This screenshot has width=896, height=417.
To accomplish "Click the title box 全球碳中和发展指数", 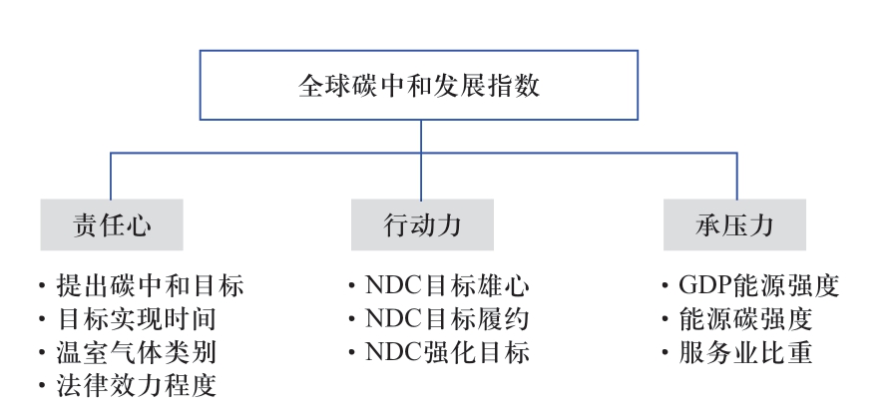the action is click(x=419, y=85).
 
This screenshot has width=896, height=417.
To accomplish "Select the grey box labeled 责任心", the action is click(x=112, y=224).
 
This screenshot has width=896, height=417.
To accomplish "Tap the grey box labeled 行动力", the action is click(x=422, y=224).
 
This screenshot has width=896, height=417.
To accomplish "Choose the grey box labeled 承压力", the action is click(x=734, y=224).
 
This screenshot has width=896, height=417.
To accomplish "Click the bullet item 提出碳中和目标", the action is click(x=150, y=285).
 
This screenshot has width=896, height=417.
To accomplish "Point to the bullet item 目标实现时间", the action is click(x=137, y=319).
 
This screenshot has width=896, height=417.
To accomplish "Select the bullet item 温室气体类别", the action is click(x=137, y=352).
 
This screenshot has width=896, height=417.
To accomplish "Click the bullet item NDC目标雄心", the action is click(x=447, y=285).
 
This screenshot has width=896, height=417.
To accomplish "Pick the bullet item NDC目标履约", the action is click(x=447, y=319).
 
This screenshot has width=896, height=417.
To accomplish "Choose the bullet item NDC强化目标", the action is click(x=447, y=352).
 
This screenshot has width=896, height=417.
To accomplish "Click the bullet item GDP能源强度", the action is click(x=759, y=285).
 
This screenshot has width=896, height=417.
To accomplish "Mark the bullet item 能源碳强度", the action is click(x=745, y=319).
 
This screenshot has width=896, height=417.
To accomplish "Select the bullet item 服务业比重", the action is click(x=745, y=352).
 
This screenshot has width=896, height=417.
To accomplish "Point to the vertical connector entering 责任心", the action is click(x=111, y=176).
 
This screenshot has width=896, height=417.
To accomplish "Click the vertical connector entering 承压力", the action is click(x=736, y=176).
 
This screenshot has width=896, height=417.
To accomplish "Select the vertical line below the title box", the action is click(x=421, y=160).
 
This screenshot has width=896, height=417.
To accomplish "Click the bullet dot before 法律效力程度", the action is click(x=42, y=386).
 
